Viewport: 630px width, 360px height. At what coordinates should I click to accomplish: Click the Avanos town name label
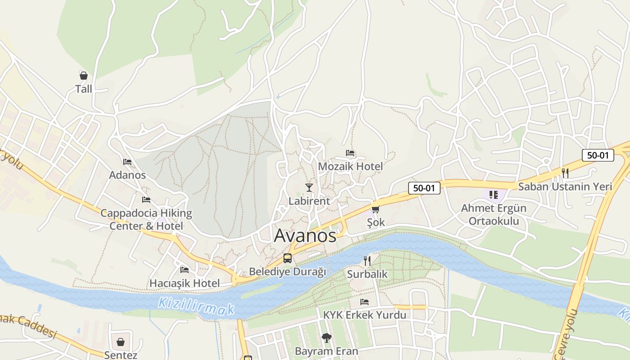click(x=305, y=235)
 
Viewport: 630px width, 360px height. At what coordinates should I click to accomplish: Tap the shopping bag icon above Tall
click(x=83, y=76)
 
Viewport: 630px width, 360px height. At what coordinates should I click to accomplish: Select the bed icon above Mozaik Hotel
click(x=350, y=153)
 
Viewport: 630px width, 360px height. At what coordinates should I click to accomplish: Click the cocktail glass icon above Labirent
click(x=309, y=187)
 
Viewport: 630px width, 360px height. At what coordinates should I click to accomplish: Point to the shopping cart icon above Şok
click(x=375, y=209)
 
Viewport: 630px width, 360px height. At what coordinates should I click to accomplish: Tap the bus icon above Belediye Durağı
click(x=287, y=258)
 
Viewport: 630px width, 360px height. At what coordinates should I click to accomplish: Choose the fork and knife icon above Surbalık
click(x=367, y=261)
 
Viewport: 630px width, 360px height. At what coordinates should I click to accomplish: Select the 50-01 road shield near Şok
click(x=424, y=188)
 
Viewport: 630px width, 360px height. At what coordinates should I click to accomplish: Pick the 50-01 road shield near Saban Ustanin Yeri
click(x=598, y=155)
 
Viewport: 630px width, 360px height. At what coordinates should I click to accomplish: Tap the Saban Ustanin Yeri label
click(x=565, y=186)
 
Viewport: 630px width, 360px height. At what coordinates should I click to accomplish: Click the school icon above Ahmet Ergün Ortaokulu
click(x=494, y=195)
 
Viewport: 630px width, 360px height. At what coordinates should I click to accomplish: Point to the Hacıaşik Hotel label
click(x=184, y=283)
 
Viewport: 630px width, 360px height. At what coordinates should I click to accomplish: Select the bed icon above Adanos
click(x=127, y=162)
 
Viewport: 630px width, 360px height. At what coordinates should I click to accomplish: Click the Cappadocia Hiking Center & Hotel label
click(x=146, y=219)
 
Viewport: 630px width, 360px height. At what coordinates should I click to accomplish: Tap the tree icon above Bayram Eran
click(x=327, y=337)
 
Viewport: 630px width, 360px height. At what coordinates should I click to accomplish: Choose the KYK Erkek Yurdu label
click(x=364, y=315)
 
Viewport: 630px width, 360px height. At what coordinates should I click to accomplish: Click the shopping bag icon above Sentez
click(x=121, y=342)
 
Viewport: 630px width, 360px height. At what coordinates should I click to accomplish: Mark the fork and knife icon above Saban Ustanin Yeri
click(x=565, y=173)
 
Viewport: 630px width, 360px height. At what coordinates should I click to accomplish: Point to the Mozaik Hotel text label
click(x=350, y=166)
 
